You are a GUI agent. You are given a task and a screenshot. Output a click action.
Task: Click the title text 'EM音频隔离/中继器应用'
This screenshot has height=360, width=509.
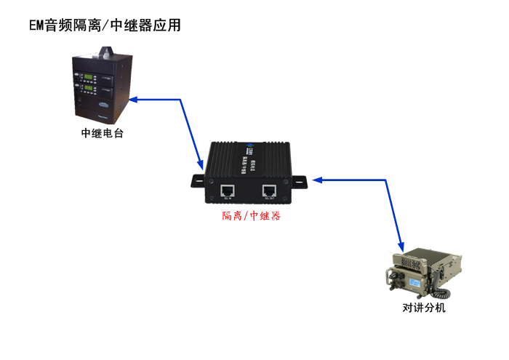105,25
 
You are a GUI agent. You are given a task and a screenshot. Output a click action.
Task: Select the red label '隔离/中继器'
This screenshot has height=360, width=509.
251,216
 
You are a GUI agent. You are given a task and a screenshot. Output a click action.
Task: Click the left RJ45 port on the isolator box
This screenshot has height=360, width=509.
228,191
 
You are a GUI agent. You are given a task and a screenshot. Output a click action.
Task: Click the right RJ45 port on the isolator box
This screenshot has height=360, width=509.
269,191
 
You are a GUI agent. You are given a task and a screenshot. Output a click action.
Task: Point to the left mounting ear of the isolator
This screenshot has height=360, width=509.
199,179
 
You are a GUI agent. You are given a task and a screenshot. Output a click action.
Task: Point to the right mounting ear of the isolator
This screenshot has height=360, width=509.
302,180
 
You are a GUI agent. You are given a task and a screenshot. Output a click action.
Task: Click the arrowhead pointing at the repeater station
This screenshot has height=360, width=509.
133,99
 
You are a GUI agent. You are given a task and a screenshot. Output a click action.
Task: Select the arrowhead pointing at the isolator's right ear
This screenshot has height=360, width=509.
318,180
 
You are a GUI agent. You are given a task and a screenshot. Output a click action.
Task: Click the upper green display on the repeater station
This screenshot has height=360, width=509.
88,78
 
